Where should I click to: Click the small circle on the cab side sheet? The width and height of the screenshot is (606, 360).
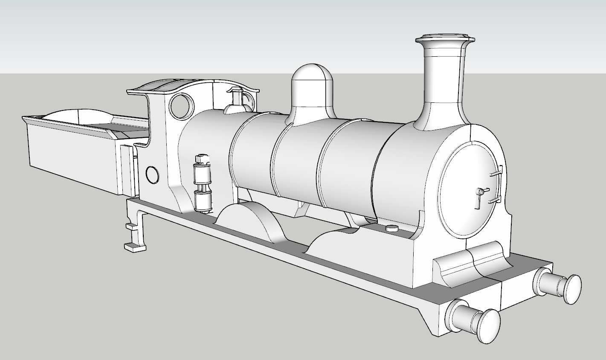coord(152,174)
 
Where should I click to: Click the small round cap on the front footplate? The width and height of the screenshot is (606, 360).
coord(391,228)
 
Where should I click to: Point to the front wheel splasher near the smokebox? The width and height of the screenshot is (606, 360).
coord(337,243)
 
